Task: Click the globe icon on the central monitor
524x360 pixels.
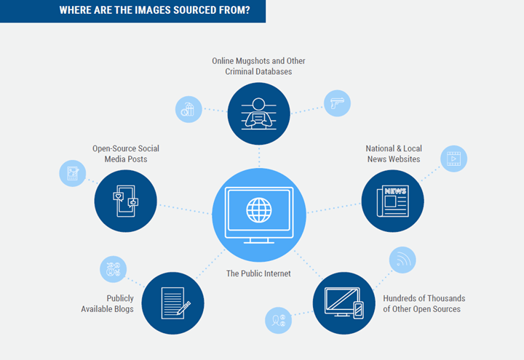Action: pyautogui.click(x=258, y=210)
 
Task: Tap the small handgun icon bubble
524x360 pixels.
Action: pyautogui.click(x=336, y=103)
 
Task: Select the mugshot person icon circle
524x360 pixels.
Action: pyautogui.click(x=258, y=113)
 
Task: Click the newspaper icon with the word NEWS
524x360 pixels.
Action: pyautogui.click(x=392, y=201)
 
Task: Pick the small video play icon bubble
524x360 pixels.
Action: pyautogui.click(x=453, y=159)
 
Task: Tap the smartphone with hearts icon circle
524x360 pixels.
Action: pyautogui.click(x=126, y=201)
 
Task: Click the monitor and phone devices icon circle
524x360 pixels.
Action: pyautogui.click(x=344, y=303)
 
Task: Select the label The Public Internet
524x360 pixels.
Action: pyautogui.click(x=258, y=273)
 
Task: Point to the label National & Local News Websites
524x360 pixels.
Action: pyautogui.click(x=393, y=153)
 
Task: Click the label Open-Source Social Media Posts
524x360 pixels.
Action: pyautogui.click(x=125, y=153)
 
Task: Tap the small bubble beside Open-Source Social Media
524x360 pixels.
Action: pyautogui.click(x=72, y=173)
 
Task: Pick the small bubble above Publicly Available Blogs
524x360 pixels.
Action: pyautogui.click(x=113, y=268)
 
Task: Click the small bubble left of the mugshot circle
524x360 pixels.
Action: pyautogui.click(x=188, y=109)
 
